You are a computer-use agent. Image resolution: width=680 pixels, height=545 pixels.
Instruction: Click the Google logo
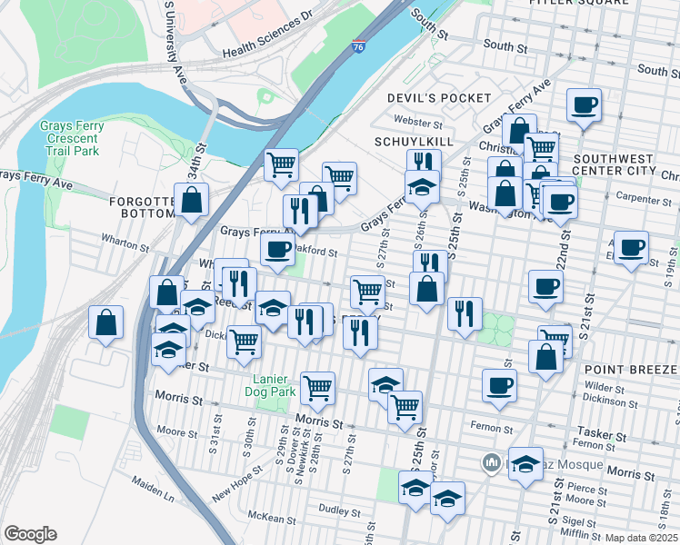(x=30, y=534)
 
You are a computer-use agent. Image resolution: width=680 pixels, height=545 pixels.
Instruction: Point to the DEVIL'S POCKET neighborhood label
(x=438, y=97)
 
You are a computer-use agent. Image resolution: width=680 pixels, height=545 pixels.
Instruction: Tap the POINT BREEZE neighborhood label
(x=631, y=370)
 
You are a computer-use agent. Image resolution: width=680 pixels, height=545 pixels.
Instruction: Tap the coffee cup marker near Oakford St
(x=277, y=248)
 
